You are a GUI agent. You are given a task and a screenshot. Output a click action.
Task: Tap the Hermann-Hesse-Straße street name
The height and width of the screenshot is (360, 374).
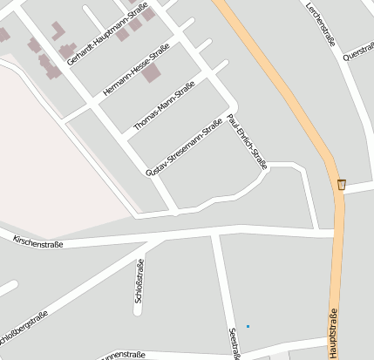(x=135, y=71)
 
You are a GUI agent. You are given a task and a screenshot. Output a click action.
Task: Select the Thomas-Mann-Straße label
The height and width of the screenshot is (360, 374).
(x=163, y=107)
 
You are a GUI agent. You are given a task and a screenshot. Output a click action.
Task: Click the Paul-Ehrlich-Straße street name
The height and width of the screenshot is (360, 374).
(x=247, y=139)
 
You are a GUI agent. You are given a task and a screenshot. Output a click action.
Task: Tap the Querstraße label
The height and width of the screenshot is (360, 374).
(x=359, y=53)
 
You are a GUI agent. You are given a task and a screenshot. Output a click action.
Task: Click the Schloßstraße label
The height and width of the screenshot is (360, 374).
(x=139, y=281)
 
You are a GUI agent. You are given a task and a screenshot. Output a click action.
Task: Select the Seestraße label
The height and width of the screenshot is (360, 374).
(x=233, y=343)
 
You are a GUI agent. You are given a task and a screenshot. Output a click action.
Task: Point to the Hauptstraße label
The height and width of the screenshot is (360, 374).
(x=332, y=332)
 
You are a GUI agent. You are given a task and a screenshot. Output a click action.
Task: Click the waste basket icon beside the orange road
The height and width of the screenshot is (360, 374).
(x=341, y=184)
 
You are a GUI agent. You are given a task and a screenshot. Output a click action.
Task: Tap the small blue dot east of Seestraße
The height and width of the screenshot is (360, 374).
(x=248, y=326)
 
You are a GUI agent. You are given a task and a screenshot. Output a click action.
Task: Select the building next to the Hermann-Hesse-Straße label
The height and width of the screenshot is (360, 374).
(x=152, y=72)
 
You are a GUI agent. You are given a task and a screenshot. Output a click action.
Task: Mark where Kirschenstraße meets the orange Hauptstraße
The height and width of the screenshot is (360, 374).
(x=336, y=233)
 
